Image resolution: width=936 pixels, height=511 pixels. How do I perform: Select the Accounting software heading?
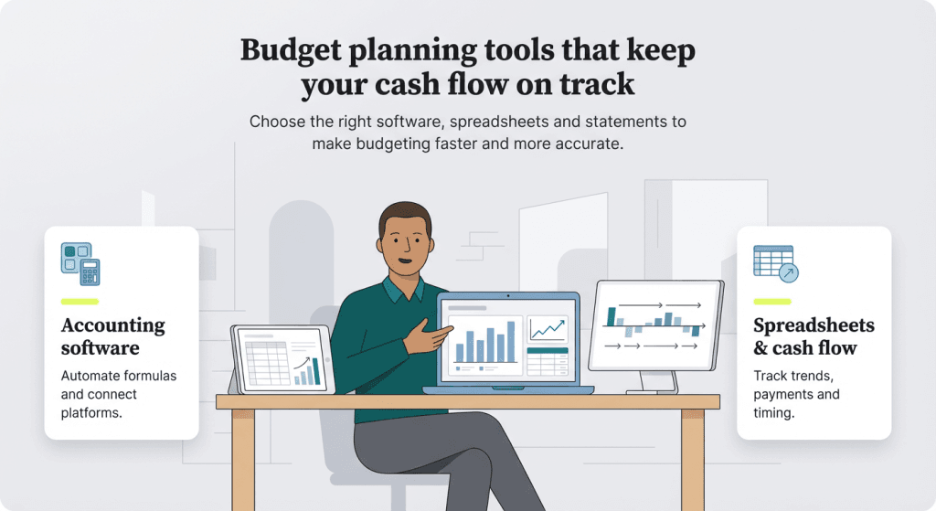pos(113,336)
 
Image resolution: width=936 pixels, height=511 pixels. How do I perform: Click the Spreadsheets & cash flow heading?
pos(814,336)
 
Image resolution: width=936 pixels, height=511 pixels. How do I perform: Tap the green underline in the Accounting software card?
pos(80,301)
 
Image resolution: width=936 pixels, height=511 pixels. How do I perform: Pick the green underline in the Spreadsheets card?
pos(772,301)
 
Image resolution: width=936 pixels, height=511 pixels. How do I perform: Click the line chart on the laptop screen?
pos(547,328)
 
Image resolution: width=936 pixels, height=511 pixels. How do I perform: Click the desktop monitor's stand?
pos(653,379)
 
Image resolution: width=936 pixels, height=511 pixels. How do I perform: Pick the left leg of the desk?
pos(243,457)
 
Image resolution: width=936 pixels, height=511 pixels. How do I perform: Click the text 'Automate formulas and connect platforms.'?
pos(119,394)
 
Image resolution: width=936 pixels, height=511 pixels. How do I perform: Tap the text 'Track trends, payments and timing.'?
pos(796,394)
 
